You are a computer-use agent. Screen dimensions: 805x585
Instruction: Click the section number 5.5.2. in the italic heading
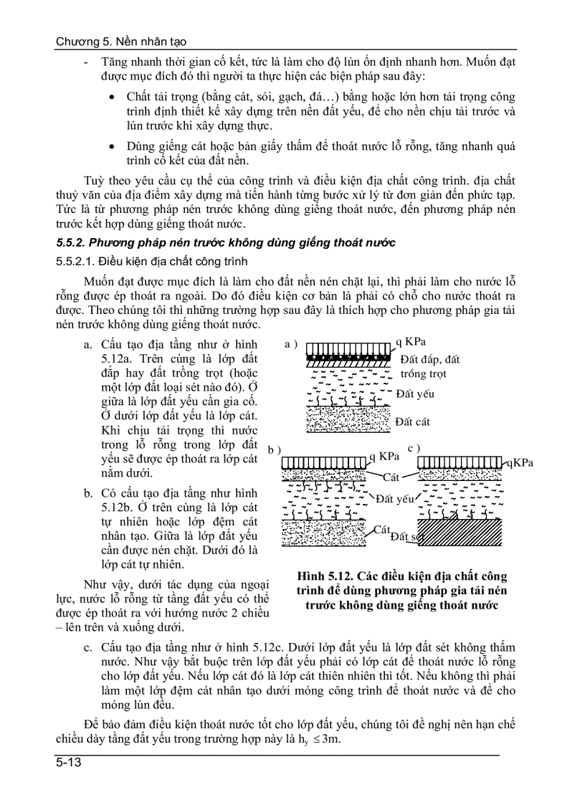[x=74, y=243]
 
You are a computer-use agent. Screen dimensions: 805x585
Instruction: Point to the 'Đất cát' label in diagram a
[x=412, y=421]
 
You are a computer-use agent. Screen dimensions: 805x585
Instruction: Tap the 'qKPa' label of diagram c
[x=519, y=462]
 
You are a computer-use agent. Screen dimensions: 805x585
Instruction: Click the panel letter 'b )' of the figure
[x=274, y=450]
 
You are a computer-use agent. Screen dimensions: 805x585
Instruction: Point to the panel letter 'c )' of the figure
[x=414, y=448]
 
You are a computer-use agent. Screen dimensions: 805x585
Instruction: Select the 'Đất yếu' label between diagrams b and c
[x=395, y=499]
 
